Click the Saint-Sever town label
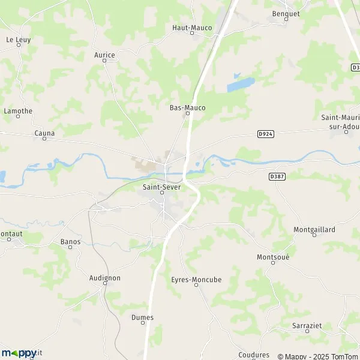click(x=161, y=187)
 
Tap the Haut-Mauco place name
click(x=192, y=28)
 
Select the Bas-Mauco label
click(x=187, y=108)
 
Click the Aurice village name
click(x=104, y=55)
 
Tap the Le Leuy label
click(x=18, y=40)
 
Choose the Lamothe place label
click(x=18, y=111)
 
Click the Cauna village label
click(x=44, y=133)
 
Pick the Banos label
click(x=70, y=242)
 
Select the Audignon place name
click(x=104, y=278)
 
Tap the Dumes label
click(x=142, y=317)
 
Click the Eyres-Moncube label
click(x=196, y=280)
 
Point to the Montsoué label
click(x=273, y=257)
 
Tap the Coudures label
click(x=254, y=355)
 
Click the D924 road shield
click(x=266, y=134)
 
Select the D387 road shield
click(x=277, y=176)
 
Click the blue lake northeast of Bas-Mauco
click(x=240, y=84)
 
